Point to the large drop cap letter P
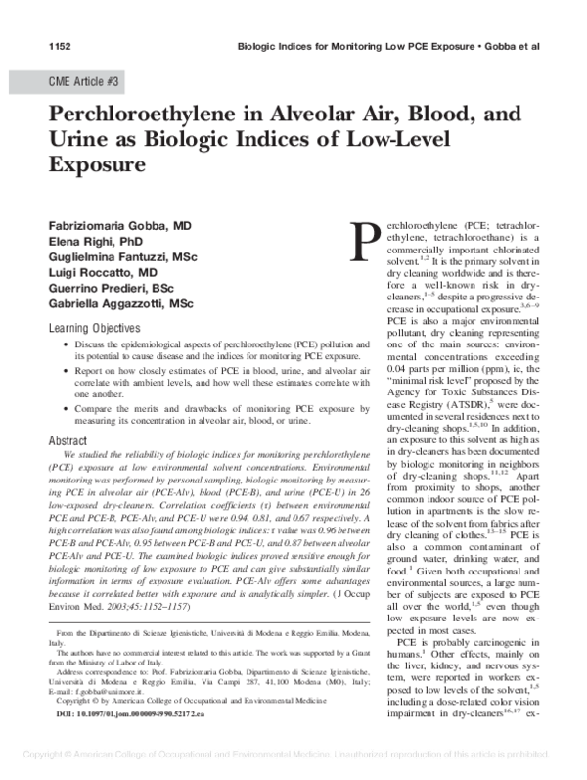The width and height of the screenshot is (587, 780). [365, 241]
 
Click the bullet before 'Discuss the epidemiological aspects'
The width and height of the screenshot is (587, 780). [66, 346]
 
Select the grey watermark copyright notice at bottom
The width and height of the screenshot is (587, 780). [293, 757]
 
